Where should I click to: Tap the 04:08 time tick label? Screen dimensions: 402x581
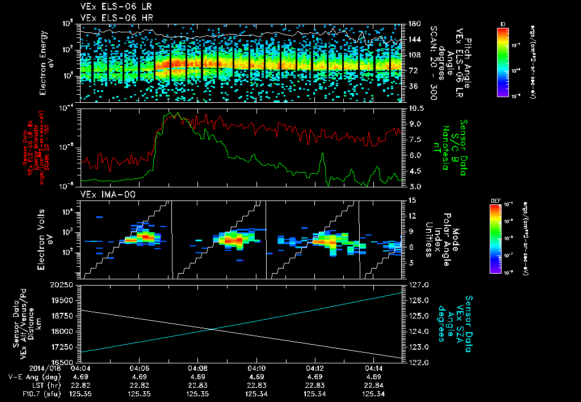(197, 368)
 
